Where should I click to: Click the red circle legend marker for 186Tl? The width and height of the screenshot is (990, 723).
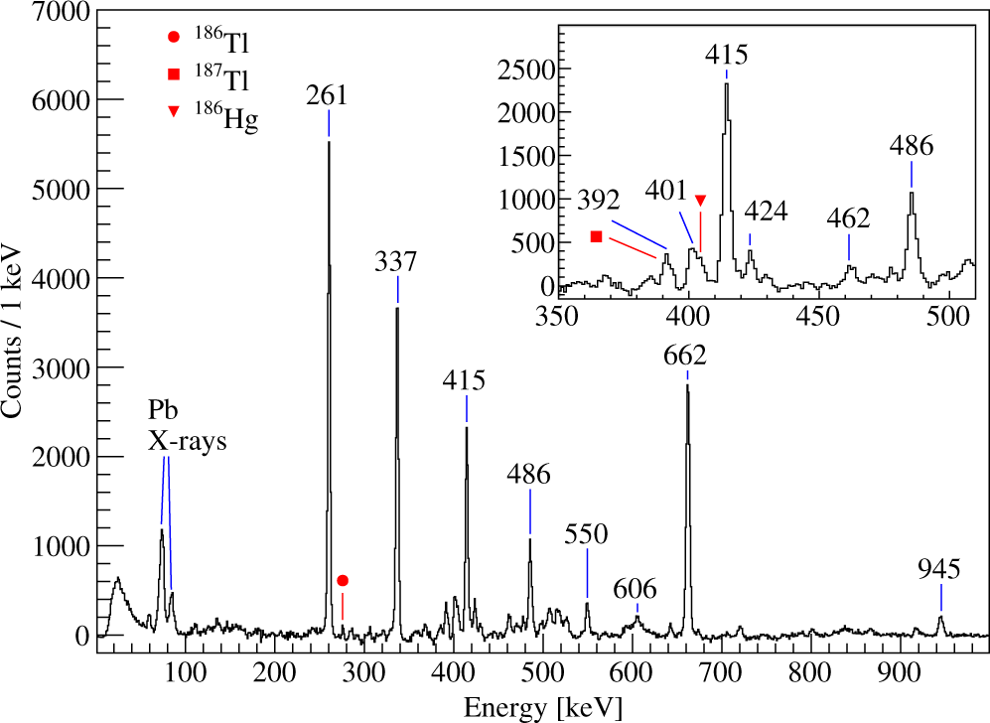pos(174,39)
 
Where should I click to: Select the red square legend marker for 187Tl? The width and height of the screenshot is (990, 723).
pos(174,74)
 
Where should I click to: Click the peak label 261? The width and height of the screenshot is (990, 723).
pos(327,95)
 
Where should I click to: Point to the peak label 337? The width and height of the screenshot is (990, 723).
pos(396,261)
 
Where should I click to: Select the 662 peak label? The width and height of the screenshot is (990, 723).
pos(686,355)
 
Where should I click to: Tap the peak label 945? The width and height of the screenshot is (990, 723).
pos(939,568)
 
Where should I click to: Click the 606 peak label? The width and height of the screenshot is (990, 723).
pos(635,588)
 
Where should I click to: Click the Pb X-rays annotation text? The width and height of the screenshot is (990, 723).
pos(188,426)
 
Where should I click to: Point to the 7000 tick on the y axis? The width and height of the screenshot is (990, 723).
pos(59,13)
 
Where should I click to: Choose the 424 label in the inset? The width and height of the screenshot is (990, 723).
pos(765,212)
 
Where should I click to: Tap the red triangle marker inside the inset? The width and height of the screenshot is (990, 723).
pos(700,201)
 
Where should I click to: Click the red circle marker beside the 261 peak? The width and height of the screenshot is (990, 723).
pos(343,580)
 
